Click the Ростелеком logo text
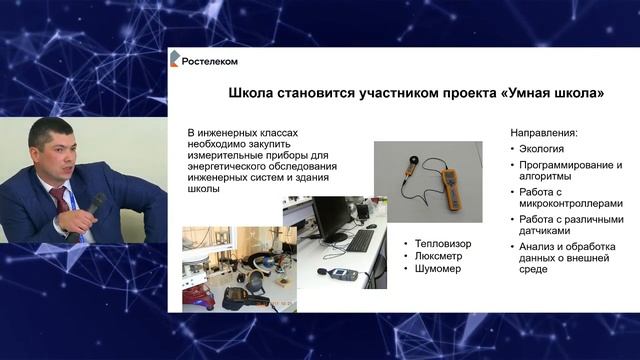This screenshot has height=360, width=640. [x=209, y=61]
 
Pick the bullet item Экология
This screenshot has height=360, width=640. [x=546, y=148]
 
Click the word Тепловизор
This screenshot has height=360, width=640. [x=444, y=242]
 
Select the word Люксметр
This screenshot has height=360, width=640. [x=441, y=255]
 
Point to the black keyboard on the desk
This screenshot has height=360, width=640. [x=358, y=240]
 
